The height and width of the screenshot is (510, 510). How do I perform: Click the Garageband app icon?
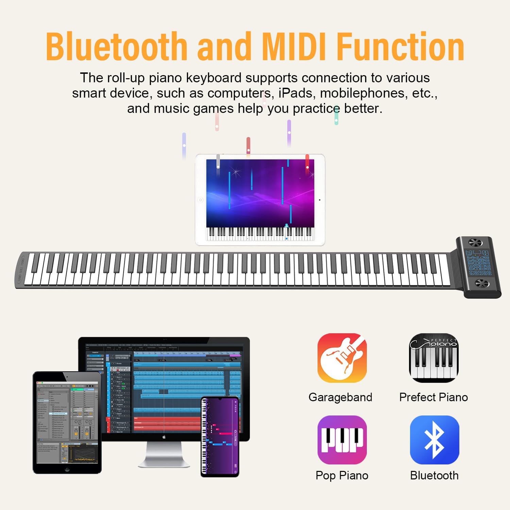coord(342,358)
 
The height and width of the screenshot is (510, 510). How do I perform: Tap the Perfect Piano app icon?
coord(434,358)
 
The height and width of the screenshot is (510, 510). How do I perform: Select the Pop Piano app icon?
coord(342,440)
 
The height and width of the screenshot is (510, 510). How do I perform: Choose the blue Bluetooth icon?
coord(435,440)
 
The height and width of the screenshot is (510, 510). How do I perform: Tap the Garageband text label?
coord(340,397)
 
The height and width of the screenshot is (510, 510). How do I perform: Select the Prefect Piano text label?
coord(434,397)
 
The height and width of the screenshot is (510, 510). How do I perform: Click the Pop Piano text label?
coord(342,475)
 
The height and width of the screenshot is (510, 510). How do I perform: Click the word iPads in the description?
coord(297,93)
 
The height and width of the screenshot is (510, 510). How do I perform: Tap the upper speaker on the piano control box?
coord(475,243)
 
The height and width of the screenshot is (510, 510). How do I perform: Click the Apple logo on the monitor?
coord(164,437)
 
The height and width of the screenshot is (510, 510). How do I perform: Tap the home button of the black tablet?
coord(67,470)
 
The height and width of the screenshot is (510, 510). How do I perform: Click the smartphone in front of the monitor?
coord(220,437)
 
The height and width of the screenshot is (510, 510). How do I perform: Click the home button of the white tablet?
coord(201,200)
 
